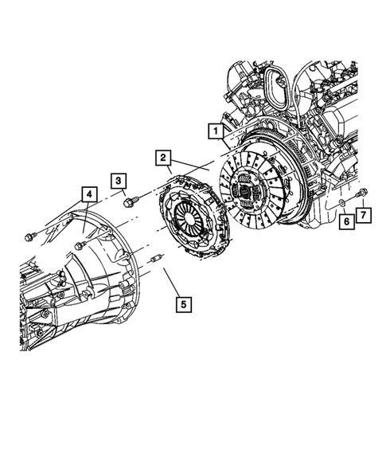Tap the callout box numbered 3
click(x=117, y=181)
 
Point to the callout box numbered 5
click(x=184, y=303)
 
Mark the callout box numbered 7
click(x=363, y=214)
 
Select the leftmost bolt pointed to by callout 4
click(x=29, y=234)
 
